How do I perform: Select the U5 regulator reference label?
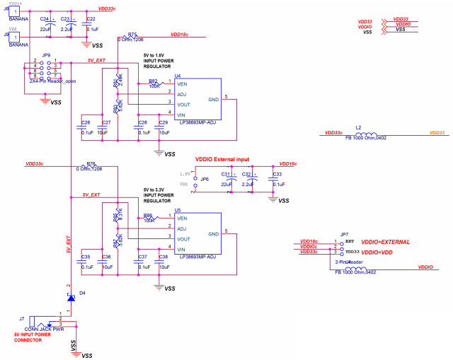click(178, 210)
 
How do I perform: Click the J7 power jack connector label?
click(22, 319)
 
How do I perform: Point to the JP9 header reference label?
click(46, 54)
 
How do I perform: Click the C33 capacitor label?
click(277, 174)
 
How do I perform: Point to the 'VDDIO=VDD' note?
click(379, 252)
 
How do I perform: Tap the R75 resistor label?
click(132, 33)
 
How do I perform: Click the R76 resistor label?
click(91, 163)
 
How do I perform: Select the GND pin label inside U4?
click(214, 100)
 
